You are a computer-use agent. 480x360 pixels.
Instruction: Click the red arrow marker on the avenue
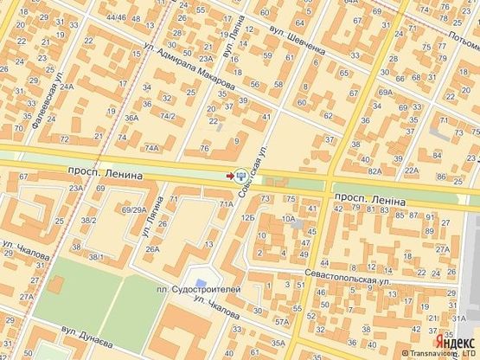coord(229,176)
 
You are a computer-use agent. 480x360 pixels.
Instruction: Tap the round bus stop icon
coord(240,174)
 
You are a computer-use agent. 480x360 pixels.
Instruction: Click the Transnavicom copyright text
coord(439,353)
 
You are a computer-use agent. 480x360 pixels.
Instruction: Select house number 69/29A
coord(133,209)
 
